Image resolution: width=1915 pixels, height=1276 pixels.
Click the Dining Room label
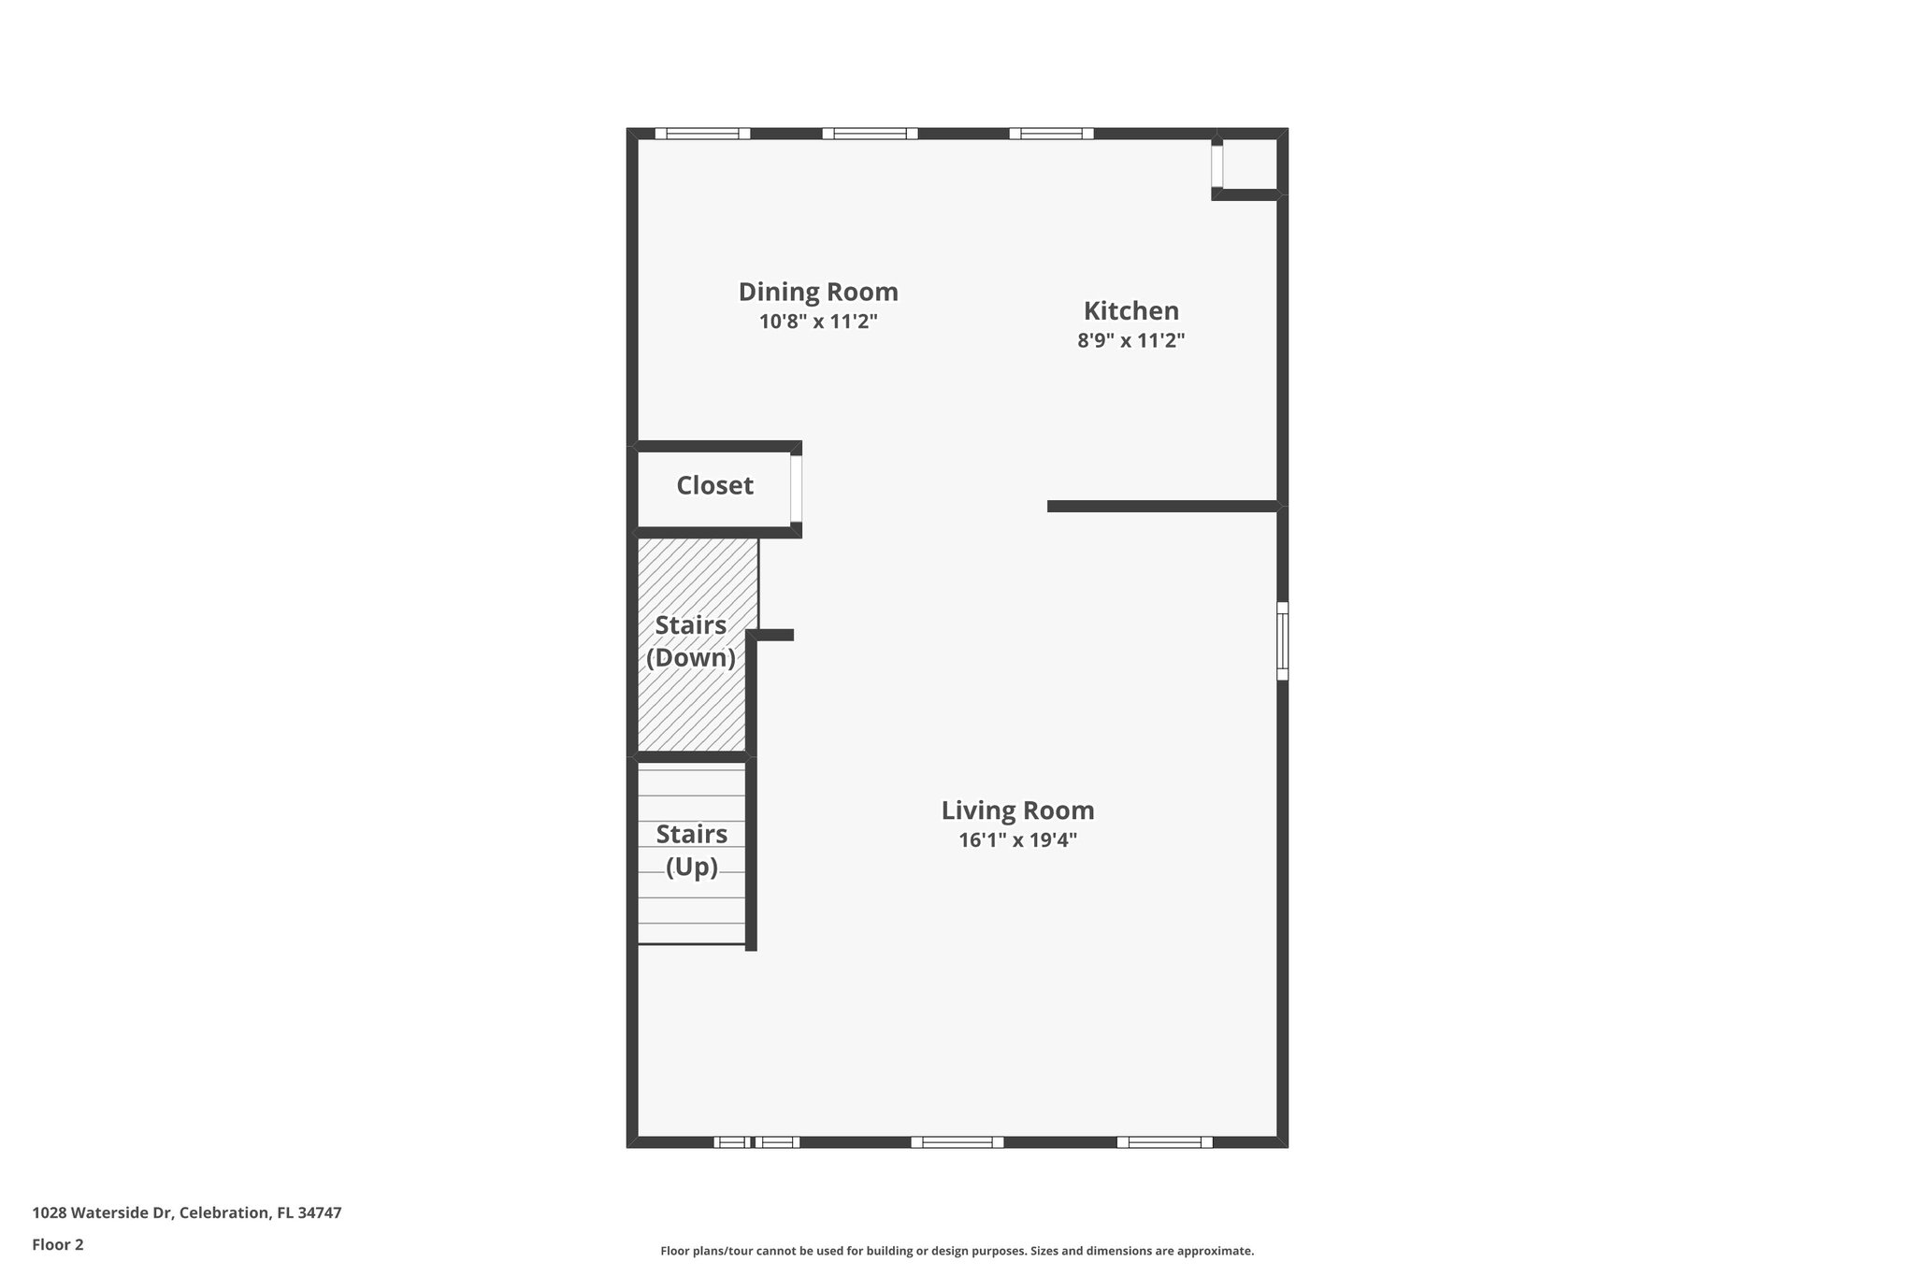click(818, 293)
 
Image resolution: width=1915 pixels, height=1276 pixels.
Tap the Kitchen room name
click(1130, 311)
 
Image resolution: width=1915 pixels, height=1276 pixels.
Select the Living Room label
click(1017, 810)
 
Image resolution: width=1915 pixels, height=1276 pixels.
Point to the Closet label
click(714, 486)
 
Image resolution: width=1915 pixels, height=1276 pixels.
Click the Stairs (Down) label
click(691, 641)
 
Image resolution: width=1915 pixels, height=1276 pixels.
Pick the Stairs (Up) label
click(692, 850)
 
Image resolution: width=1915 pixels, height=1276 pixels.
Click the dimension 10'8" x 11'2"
click(818, 323)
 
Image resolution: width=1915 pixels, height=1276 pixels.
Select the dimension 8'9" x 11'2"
click(1130, 341)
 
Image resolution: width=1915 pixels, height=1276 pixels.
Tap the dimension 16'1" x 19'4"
click(1017, 840)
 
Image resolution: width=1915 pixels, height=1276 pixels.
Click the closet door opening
click(796, 488)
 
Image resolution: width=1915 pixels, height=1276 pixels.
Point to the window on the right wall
click(1282, 640)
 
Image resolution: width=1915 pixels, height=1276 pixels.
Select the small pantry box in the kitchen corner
click(1247, 165)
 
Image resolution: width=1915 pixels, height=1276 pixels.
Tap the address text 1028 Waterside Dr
click(187, 1213)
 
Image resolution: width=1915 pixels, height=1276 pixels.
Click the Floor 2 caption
click(58, 1244)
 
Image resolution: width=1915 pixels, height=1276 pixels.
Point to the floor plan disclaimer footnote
click(957, 1251)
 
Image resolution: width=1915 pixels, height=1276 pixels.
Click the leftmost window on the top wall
click(702, 134)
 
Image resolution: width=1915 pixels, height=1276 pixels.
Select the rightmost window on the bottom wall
click(1164, 1141)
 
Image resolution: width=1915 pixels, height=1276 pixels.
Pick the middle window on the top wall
click(870, 134)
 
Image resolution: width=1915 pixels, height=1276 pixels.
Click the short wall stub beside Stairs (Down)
click(775, 636)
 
